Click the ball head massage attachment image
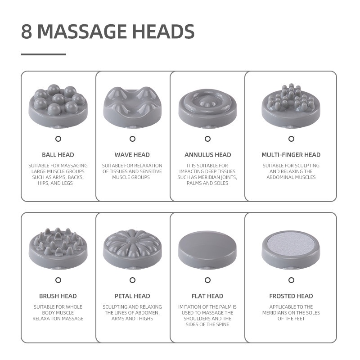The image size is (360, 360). [x=58, y=106]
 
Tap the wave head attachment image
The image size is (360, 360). [x=132, y=107]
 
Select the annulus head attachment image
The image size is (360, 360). [x=207, y=108]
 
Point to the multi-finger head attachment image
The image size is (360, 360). [x=291, y=105]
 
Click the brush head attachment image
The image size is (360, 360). [x=58, y=248]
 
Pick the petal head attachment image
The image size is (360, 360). [x=132, y=249]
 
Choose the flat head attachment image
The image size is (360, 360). [x=207, y=250]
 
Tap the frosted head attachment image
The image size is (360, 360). [x=291, y=250]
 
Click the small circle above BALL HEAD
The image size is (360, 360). [x=58, y=139]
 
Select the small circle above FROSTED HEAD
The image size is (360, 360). [x=291, y=280]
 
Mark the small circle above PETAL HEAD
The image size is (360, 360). [x=132, y=280]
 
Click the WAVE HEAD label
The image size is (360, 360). [x=132, y=155]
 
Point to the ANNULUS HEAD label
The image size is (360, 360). [x=208, y=155]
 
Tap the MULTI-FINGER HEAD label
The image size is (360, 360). [x=291, y=155]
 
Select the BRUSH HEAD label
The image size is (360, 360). [x=58, y=296]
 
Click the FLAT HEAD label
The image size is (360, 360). [x=207, y=296]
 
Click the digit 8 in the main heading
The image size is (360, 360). [x=27, y=31]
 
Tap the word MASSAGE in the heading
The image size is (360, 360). [x=82, y=31]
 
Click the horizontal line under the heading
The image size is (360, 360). [x=44, y=54]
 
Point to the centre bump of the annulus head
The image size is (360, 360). [x=207, y=103]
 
